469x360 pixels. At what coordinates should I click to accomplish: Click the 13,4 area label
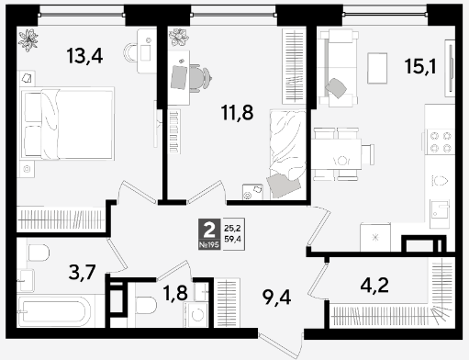84,56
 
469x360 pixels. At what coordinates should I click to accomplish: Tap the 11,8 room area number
237,112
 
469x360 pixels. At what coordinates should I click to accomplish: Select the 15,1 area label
420,66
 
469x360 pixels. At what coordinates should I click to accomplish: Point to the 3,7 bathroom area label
83,272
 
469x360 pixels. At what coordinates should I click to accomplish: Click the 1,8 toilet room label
175,293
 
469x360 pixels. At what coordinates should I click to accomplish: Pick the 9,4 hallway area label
276,298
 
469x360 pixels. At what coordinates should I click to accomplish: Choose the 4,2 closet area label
374,286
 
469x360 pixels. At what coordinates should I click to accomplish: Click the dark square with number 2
209,231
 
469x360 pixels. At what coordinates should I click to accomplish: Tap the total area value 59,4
232,239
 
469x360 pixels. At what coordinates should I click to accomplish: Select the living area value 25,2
232,228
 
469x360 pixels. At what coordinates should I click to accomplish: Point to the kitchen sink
440,214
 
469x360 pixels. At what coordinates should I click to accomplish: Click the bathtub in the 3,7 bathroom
54,311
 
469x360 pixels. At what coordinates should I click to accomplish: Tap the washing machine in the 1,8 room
196,314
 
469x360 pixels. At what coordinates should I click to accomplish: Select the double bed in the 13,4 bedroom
67,123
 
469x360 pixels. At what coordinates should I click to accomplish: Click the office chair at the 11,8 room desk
200,78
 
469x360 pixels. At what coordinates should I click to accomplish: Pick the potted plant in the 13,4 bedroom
28,39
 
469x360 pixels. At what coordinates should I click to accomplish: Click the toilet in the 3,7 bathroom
39,253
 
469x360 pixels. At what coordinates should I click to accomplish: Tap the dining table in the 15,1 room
337,154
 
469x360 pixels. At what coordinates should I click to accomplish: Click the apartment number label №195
209,245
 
